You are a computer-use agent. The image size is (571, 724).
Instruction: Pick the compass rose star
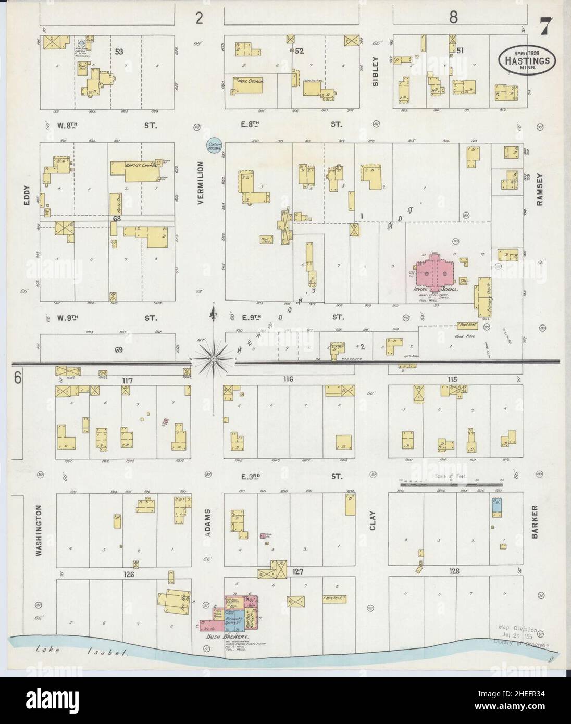tap(214, 358)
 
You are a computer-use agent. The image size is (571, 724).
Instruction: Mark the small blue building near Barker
tap(496, 506)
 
